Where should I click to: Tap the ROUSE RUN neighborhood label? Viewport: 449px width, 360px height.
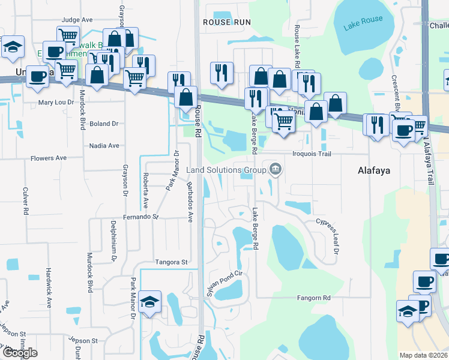coord(226,22)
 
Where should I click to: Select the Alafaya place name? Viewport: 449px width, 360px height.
coord(374,170)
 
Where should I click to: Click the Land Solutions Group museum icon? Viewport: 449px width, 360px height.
coord(276,170)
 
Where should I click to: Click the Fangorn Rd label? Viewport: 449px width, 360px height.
coord(314,298)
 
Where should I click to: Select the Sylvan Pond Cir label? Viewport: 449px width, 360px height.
coord(223,281)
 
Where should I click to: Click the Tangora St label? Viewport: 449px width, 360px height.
coord(172,262)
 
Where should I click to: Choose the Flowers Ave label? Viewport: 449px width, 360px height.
coord(49,158)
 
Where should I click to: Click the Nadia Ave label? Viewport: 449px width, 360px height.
coord(104,145)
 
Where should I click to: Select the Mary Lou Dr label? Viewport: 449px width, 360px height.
coord(56,103)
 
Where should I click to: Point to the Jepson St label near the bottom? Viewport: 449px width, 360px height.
coord(83,341)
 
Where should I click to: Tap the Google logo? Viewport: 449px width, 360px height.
coord(20,353)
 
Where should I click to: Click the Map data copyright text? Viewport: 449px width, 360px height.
coord(423,355)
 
